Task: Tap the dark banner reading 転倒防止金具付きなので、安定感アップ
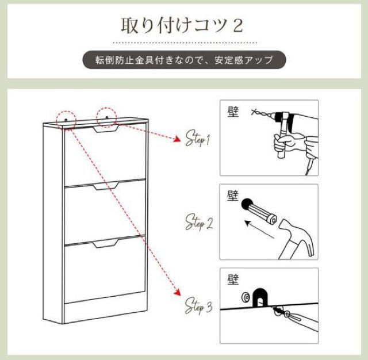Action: pyautogui.click(x=184, y=60)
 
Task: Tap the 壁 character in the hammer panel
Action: pyautogui.click(x=233, y=195)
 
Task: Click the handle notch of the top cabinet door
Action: pyautogui.click(x=106, y=130)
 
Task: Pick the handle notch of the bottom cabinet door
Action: pyautogui.click(x=106, y=245)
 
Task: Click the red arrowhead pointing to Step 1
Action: pyautogui.click(x=175, y=138)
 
